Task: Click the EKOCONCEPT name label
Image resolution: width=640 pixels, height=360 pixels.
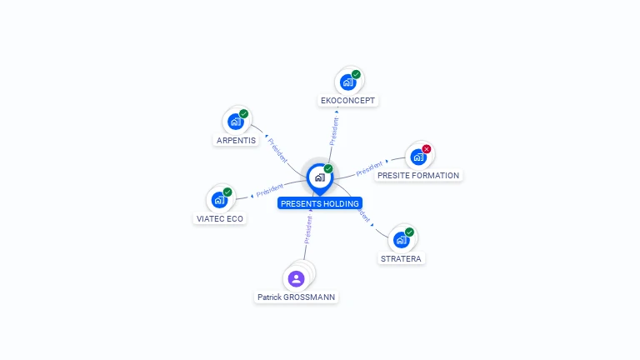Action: click(348, 101)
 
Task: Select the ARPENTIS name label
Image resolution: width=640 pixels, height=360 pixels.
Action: click(236, 140)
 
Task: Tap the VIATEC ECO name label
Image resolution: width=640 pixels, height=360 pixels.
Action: click(220, 219)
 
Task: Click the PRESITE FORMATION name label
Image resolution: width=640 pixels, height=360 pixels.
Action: click(417, 176)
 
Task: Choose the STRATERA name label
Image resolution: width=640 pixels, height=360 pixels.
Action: click(402, 258)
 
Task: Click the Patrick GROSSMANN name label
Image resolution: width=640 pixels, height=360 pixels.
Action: click(297, 297)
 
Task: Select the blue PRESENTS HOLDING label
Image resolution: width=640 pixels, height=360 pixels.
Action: click(320, 203)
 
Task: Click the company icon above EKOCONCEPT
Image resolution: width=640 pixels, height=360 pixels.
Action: click(347, 82)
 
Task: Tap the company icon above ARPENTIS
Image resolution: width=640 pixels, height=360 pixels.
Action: click(236, 122)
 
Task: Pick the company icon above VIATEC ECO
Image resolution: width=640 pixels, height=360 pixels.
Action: click(219, 200)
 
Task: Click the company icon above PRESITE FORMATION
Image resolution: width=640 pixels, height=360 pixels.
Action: click(418, 157)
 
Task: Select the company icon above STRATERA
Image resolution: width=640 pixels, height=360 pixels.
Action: click(401, 240)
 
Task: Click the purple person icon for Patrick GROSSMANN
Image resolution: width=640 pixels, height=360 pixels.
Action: click(296, 278)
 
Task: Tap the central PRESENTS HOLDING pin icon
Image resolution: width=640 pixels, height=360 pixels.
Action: click(319, 177)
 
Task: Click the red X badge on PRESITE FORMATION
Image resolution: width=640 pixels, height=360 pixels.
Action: click(427, 149)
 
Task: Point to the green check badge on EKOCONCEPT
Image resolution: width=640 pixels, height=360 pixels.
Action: click(356, 75)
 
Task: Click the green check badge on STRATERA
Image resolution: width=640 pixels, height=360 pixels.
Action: click(409, 232)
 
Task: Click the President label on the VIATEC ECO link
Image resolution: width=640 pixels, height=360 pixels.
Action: click(270, 191)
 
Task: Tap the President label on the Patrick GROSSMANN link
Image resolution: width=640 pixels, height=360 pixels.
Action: click(307, 229)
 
